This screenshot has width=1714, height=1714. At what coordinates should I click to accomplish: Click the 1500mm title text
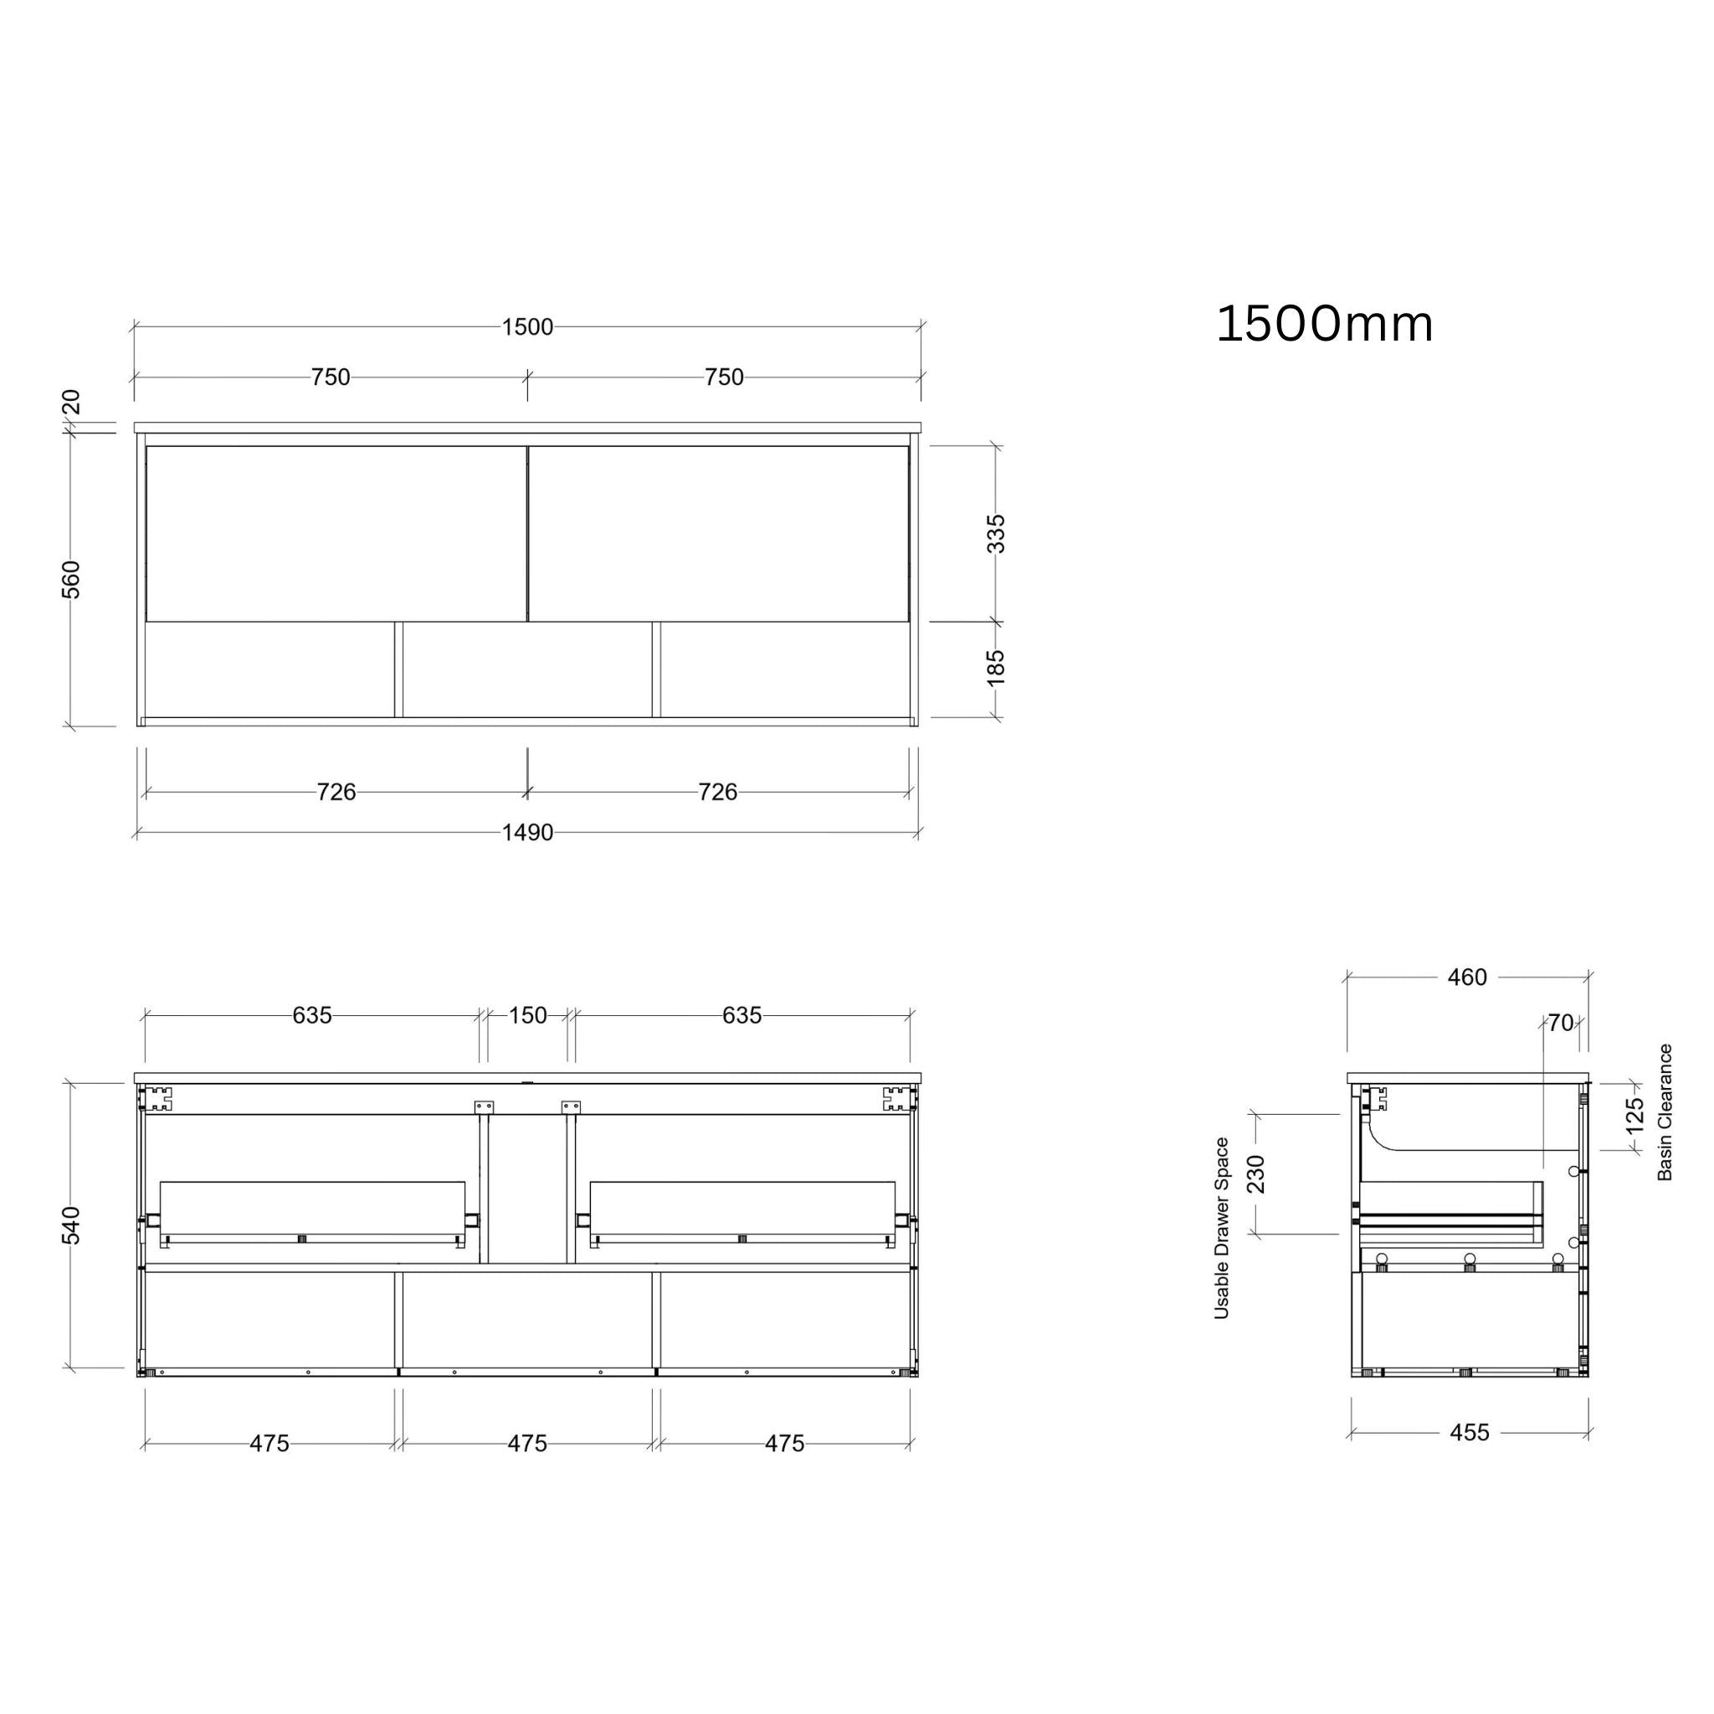(x=1324, y=324)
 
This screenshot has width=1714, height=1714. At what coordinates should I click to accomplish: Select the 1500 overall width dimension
(x=527, y=327)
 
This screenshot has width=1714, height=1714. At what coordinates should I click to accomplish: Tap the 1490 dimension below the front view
(x=527, y=832)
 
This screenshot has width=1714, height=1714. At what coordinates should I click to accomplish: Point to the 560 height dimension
(x=71, y=579)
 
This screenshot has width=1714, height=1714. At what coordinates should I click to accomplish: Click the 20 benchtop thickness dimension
(x=71, y=402)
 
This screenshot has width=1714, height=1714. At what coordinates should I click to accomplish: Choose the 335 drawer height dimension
(x=996, y=533)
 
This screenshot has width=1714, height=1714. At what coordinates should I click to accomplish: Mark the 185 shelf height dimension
(x=996, y=668)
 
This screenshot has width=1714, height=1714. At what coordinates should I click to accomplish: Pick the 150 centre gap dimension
(x=527, y=1015)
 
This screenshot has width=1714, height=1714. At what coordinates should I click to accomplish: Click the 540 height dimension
(x=71, y=1225)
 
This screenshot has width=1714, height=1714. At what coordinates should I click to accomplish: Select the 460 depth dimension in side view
(x=1466, y=978)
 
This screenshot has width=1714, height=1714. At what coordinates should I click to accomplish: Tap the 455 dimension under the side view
(x=1469, y=1433)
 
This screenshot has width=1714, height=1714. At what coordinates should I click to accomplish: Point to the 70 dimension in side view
(x=1561, y=1023)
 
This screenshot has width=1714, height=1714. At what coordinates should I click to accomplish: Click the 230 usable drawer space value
(x=1256, y=1173)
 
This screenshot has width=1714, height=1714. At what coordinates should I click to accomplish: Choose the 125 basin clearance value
(x=1635, y=1116)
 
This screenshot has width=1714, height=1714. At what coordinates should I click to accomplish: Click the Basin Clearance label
(x=1665, y=1111)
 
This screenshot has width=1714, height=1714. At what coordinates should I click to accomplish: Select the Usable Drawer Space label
(x=1222, y=1228)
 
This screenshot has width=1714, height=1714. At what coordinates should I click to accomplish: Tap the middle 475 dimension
(x=527, y=1444)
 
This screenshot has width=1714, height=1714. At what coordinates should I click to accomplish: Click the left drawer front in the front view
(x=336, y=533)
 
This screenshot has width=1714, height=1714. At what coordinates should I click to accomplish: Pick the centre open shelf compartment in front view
(x=527, y=670)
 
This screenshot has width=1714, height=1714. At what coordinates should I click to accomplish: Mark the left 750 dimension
(x=330, y=377)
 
